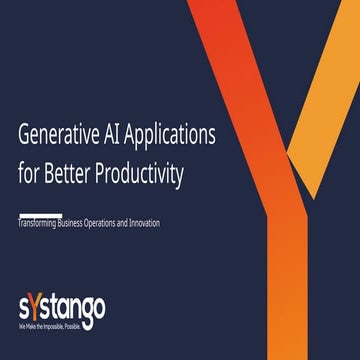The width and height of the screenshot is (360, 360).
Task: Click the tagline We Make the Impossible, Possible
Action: pos(52,326)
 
